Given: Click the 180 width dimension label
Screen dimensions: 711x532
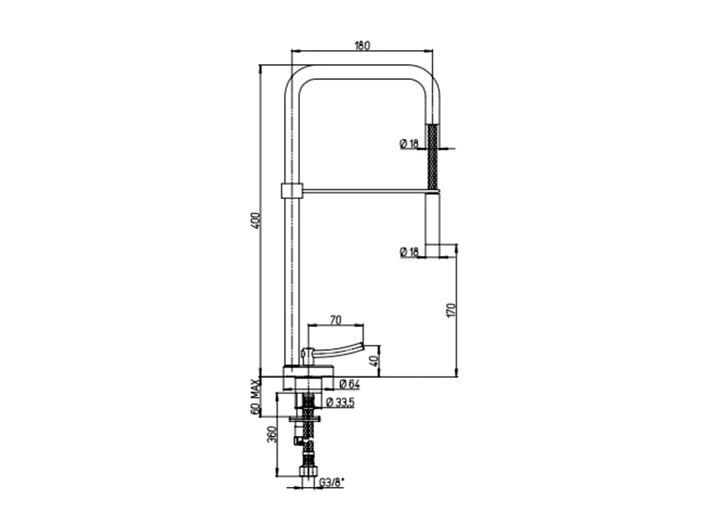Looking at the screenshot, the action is (x=362, y=45).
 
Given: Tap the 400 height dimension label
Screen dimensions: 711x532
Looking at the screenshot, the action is (x=256, y=220).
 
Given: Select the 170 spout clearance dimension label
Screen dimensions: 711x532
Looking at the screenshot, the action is (x=451, y=310).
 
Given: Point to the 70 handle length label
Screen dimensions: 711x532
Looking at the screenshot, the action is (x=335, y=320).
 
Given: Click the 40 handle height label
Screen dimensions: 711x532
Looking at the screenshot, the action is (x=374, y=361).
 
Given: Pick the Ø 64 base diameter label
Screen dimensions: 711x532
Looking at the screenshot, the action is (x=349, y=384).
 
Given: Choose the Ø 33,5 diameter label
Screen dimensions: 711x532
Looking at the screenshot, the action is (x=340, y=402).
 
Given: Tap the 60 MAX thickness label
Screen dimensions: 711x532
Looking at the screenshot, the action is (x=256, y=397).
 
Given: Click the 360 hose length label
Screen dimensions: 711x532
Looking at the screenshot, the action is (x=271, y=435).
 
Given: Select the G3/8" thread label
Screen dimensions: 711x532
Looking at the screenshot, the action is (x=331, y=483).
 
